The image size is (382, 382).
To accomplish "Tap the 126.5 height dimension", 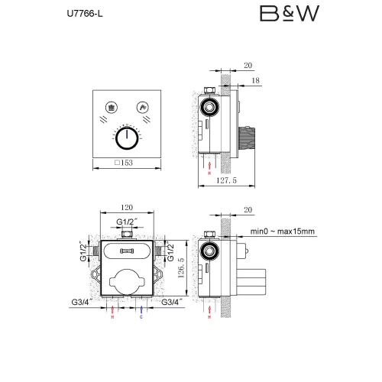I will pyautogui.click(x=180, y=264).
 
